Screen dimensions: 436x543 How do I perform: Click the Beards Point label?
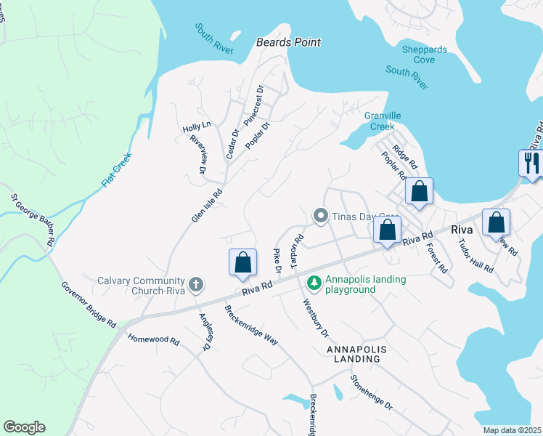click(x=288, y=42)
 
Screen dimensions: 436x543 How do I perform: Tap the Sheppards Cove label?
click(x=424, y=54)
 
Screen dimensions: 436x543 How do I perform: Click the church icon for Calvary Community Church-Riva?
click(x=196, y=284)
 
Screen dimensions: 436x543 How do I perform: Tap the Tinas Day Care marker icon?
click(x=319, y=216)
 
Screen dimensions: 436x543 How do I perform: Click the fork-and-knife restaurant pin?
click(x=531, y=162)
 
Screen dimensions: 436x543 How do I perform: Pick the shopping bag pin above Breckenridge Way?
click(x=243, y=262)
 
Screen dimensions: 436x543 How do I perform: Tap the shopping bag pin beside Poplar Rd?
click(x=419, y=192)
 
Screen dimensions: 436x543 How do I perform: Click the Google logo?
click(x=24, y=427)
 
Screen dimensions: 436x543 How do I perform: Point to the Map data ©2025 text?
click(x=511, y=430)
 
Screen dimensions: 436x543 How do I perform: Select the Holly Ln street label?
click(x=196, y=126)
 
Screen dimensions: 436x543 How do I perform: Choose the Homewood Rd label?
click(x=153, y=339)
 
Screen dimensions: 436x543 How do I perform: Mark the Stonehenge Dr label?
click(x=371, y=392)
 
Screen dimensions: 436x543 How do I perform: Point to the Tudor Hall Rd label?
click(x=475, y=255)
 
